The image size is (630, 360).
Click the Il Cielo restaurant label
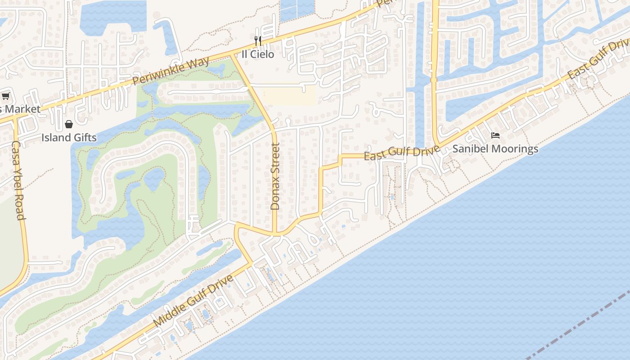(258, 54)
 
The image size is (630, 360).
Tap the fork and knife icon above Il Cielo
(258, 41)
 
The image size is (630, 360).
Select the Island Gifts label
(69, 137)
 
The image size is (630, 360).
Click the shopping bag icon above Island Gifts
(69, 124)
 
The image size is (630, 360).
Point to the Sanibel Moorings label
(495, 148)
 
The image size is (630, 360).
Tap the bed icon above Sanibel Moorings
(495, 135)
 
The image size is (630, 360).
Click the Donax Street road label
(275, 176)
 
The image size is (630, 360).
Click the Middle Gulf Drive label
(194, 300)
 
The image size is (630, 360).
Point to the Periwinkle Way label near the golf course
(171, 71)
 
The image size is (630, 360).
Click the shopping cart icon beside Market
(6, 96)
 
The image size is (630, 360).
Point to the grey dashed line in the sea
(580, 324)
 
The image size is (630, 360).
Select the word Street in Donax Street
(275, 161)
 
